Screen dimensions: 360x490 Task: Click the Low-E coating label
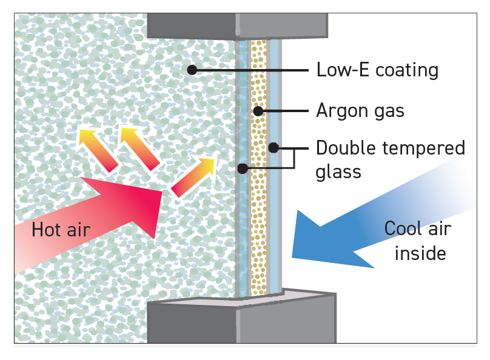[377, 70]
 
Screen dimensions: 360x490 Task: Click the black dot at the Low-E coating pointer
[192, 70]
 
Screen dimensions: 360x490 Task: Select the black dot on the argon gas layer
[258, 111]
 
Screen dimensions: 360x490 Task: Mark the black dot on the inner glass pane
[274, 147]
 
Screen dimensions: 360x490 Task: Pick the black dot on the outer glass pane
[243, 168]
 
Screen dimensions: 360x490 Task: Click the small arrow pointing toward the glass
[193, 176]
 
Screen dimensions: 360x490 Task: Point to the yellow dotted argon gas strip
[259, 200]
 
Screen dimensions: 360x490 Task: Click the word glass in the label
[338, 171]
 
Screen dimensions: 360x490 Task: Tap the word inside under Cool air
[420, 252]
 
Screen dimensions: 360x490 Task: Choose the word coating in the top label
[406, 70]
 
